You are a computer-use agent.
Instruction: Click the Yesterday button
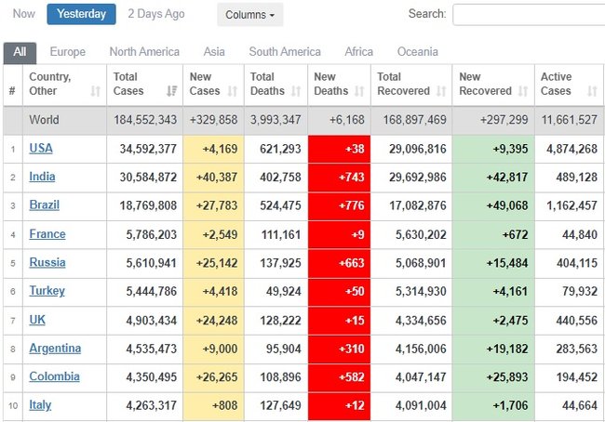tap(81, 14)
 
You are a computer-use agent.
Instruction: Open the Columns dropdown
tap(250, 15)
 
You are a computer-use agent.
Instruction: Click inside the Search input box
tap(529, 15)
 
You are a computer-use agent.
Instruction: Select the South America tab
tap(285, 52)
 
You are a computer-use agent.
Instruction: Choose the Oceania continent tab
tap(418, 52)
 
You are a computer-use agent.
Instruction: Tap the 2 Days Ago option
tap(156, 14)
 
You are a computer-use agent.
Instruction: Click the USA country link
tap(41, 149)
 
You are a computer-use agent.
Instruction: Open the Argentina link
tap(55, 349)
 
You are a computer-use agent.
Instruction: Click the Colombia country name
tap(54, 376)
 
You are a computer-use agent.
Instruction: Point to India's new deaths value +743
tap(351, 177)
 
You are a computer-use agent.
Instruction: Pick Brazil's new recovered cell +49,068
tap(507, 205)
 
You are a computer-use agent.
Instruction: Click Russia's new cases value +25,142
tap(217, 263)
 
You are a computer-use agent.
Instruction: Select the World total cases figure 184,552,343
tap(145, 120)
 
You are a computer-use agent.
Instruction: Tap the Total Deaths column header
tap(267, 84)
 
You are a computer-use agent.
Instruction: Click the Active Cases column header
tap(556, 84)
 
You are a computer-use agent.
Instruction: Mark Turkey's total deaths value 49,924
tap(284, 291)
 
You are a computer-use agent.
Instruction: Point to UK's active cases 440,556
tap(577, 321)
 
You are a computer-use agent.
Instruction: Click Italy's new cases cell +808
tap(224, 405)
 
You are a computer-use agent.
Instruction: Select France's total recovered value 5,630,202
tap(421, 234)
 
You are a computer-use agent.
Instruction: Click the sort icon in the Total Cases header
tap(171, 91)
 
